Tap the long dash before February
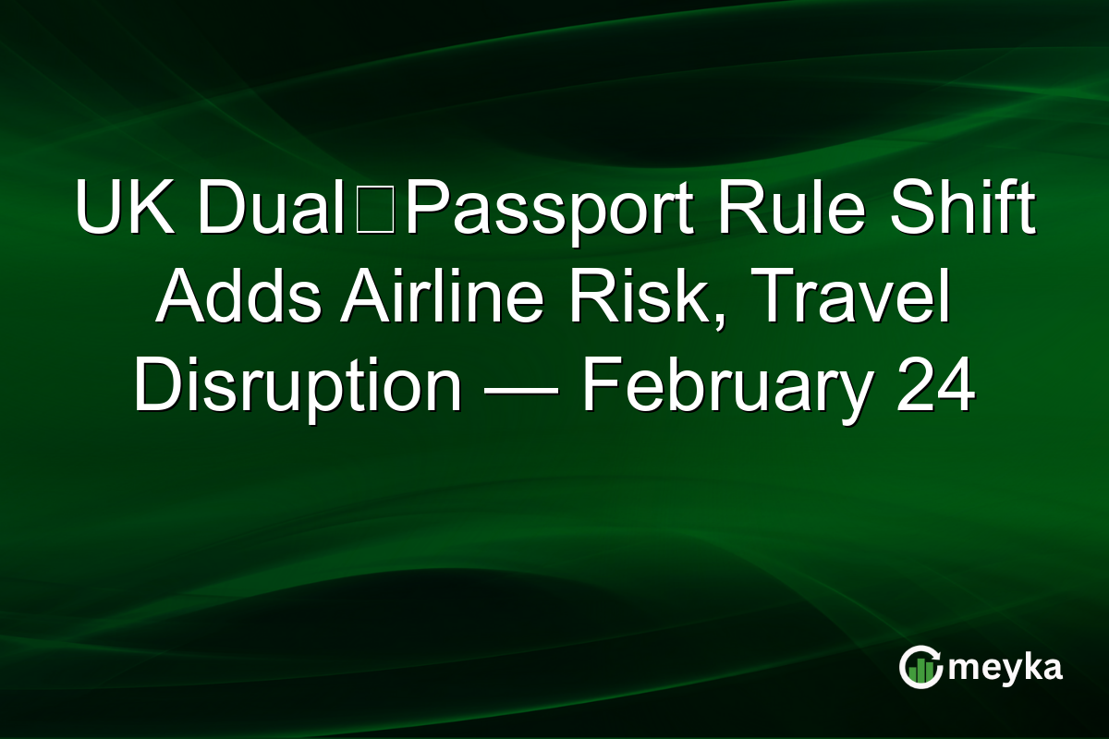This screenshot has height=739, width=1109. pos(521,388)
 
